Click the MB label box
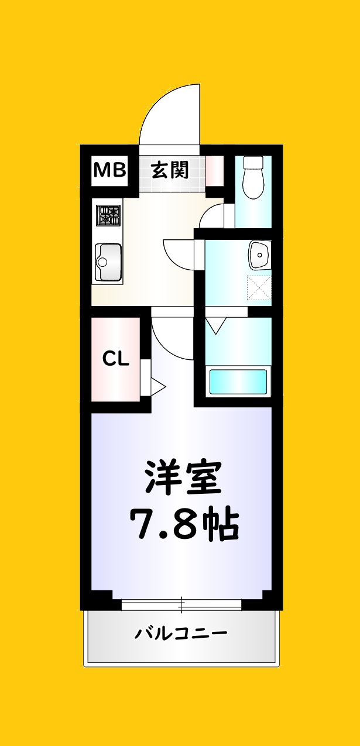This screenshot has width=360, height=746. [x=110, y=170]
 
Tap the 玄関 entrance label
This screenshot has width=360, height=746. [x=170, y=170]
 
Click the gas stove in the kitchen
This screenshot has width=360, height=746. [x=109, y=216]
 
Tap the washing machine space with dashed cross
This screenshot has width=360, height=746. [x=259, y=288]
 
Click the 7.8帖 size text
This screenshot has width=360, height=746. [x=183, y=525]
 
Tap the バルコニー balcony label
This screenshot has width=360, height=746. [x=181, y=633]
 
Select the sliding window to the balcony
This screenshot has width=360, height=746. [x=181, y=605]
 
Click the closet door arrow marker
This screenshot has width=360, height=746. [x=157, y=386]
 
